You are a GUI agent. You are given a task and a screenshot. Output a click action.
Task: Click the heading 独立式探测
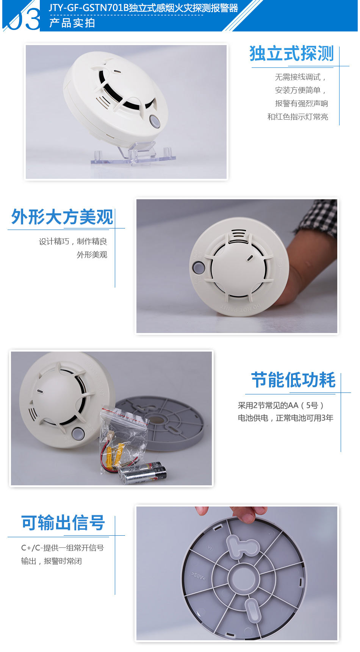pyautogui.click(x=291, y=54)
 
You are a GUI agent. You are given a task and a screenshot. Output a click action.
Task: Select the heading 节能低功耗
pyautogui.click(x=293, y=380)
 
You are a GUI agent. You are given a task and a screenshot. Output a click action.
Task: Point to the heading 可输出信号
pyautogui.click(x=63, y=523)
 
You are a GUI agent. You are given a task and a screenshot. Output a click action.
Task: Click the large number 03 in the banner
pyautogui.click(x=24, y=19)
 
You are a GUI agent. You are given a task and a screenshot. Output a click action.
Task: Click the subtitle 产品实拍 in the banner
pyautogui.click(x=72, y=23)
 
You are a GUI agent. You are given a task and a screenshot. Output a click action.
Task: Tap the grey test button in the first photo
pyautogui.click(x=155, y=121)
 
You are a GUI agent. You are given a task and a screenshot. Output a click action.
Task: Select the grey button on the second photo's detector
pyautogui.click(x=198, y=267)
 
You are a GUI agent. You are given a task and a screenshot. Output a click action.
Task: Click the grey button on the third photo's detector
pyautogui.click(x=78, y=433)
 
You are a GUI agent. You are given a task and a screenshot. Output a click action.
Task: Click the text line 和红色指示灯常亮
pyautogui.click(x=297, y=117)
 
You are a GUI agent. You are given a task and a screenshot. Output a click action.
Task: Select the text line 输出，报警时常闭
pyautogui.click(x=52, y=561)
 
